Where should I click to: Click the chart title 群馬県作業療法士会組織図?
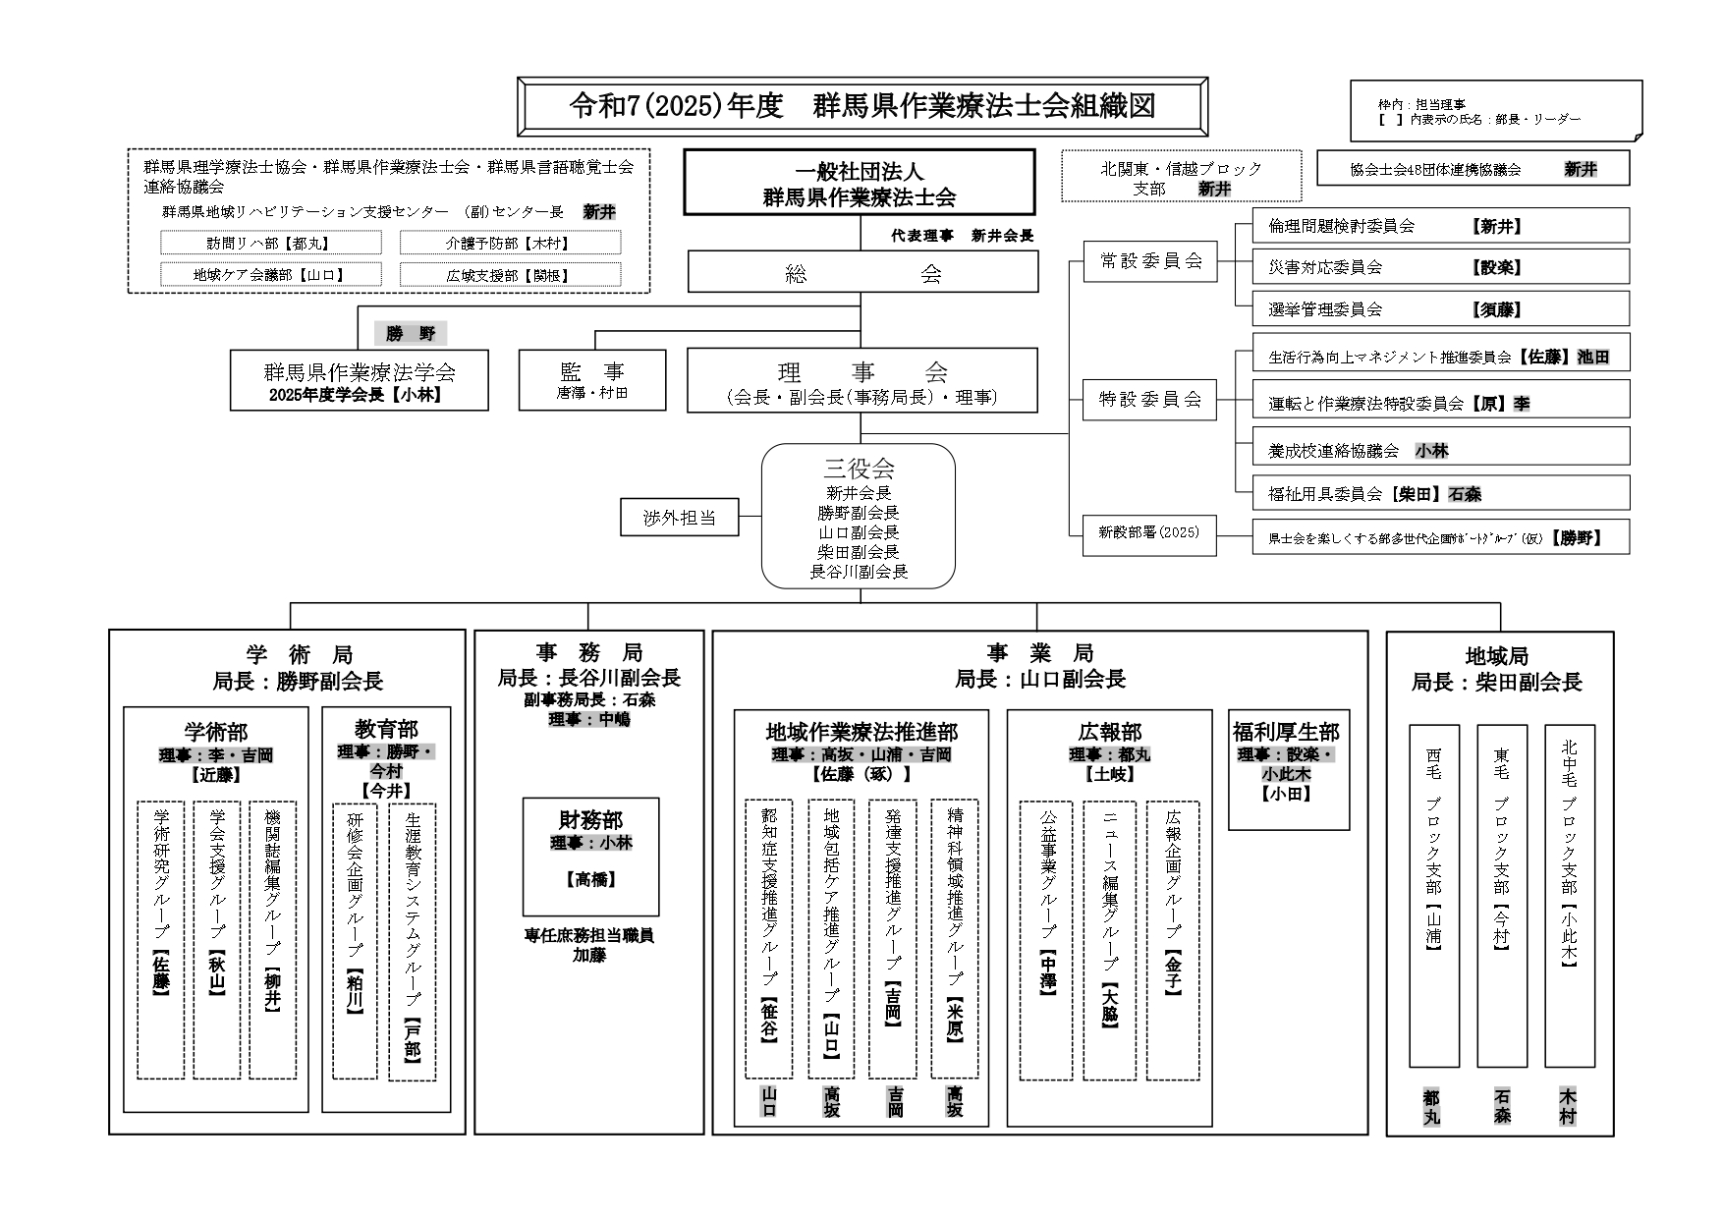[861, 107]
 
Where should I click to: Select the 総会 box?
[861, 272]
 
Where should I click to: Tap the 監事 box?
[591, 380]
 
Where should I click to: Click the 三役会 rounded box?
[859, 517]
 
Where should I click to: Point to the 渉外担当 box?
[679, 517]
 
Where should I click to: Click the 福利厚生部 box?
[1288, 769]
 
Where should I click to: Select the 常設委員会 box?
[1149, 261]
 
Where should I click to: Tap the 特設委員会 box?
[1149, 400]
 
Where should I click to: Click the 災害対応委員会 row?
[1440, 267]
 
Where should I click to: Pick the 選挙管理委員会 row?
[1440, 309]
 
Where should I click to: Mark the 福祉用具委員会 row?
[1440, 494]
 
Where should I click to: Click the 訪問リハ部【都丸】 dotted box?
[270, 243]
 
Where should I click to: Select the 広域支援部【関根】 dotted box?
[509, 276]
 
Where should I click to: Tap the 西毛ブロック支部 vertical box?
[1433, 896]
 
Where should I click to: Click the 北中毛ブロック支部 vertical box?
[1569, 896]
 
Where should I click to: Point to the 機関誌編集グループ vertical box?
[272, 940]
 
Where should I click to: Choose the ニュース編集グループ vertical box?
[1109, 940]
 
